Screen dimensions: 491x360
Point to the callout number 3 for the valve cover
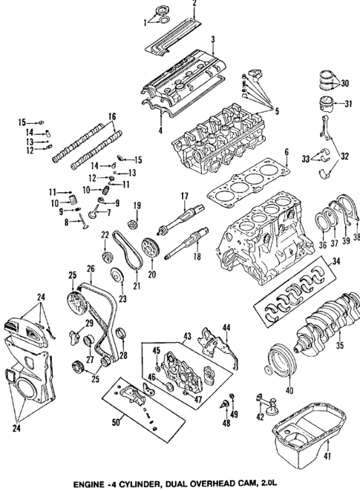click(x=213, y=39)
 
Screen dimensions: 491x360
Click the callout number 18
click(x=197, y=257)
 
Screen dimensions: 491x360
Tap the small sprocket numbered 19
click(x=136, y=221)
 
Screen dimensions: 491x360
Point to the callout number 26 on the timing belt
click(x=91, y=268)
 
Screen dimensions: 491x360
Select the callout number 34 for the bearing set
click(x=336, y=261)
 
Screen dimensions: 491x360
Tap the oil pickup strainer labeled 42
click(x=271, y=406)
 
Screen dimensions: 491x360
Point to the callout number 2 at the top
click(x=194, y=3)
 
